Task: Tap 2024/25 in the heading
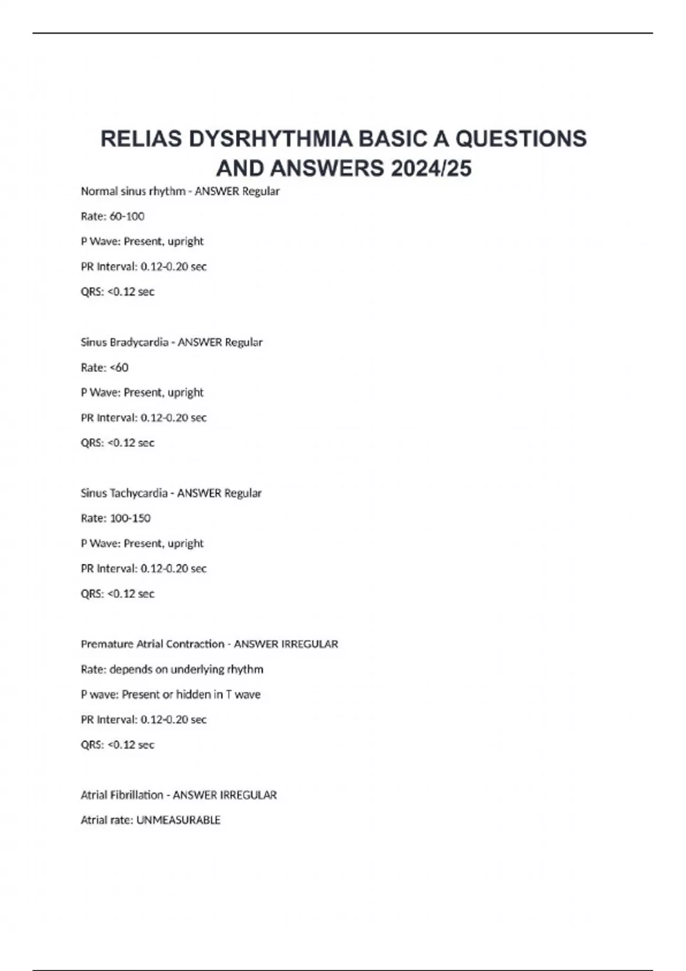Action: (x=432, y=168)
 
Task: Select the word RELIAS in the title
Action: (x=141, y=139)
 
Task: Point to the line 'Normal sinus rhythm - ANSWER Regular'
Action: (x=180, y=191)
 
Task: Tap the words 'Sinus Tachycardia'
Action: (x=124, y=493)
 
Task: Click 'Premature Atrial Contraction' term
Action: (x=153, y=644)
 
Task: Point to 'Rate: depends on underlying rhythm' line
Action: (x=172, y=669)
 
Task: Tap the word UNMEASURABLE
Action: (x=178, y=820)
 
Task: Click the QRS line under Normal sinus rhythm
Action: (x=118, y=292)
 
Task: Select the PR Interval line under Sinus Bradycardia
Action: (x=143, y=418)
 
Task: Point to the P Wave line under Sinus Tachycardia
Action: (x=142, y=543)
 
